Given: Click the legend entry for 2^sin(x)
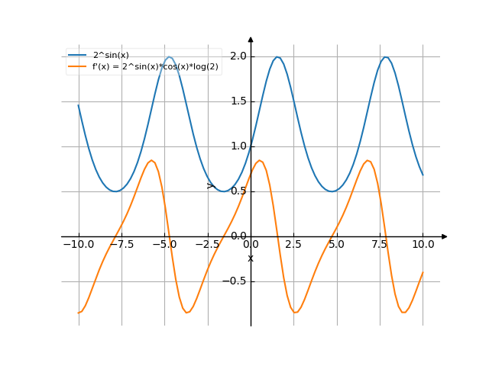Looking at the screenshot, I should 111,55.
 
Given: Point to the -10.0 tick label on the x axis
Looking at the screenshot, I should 78,245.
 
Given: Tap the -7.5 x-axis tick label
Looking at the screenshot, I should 121,245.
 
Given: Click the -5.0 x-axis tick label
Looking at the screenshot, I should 164,245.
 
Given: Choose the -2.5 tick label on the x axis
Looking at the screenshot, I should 207,245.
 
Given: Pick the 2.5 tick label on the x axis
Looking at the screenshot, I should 293,245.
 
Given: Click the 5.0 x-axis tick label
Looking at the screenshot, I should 336,245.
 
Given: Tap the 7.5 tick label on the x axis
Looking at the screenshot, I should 380,245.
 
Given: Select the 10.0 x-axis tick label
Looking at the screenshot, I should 423,245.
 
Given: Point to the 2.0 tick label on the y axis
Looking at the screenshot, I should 238,56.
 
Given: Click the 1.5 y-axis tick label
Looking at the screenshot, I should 238,101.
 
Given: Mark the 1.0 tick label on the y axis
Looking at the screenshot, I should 238,146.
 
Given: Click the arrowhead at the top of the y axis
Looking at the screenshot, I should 251,40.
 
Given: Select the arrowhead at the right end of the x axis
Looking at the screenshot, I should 444,236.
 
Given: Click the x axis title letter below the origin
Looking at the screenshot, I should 251,258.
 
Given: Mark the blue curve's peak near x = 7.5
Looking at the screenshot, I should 387,57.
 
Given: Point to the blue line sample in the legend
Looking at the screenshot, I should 77,55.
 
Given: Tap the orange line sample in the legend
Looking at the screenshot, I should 77,66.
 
